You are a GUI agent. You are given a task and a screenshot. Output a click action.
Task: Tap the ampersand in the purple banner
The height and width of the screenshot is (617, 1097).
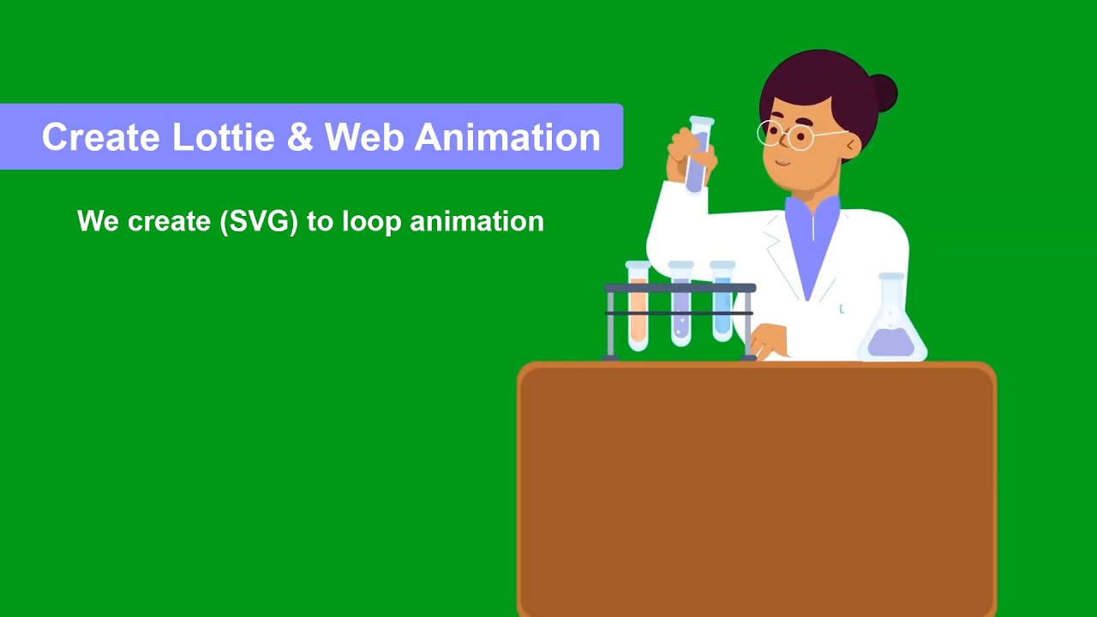(300, 137)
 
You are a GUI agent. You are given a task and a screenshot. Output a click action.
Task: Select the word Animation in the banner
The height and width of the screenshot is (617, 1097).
(507, 137)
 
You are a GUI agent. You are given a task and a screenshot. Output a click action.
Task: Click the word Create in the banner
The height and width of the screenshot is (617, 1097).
(100, 137)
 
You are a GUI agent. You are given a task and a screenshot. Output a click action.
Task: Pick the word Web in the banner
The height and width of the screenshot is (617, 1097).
(364, 137)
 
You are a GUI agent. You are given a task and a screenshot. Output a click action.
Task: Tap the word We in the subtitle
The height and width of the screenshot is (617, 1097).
(98, 221)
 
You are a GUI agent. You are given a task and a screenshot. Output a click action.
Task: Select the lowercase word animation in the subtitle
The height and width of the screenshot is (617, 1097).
(477, 221)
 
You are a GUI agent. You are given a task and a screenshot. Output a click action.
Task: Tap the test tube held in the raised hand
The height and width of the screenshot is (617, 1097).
(698, 154)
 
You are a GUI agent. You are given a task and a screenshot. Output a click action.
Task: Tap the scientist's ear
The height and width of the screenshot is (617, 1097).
(851, 147)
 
